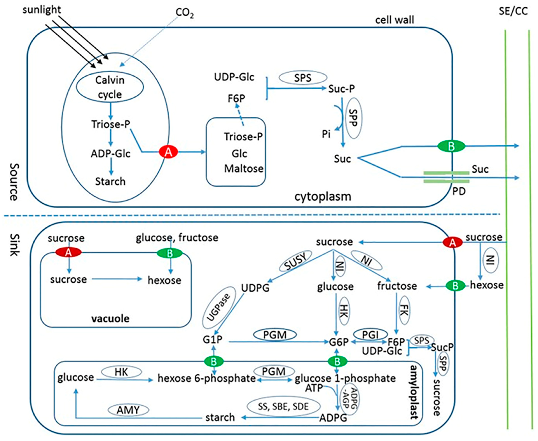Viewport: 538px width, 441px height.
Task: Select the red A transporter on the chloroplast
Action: [x=168, y=152]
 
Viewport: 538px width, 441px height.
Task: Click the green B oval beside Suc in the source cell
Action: [x=451, y=146]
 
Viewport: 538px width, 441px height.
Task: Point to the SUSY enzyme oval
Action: [x=295, y=261]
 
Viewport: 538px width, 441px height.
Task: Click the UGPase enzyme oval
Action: [x=219, y=307]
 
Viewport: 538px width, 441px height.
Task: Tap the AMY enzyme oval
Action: [x=128, y=410]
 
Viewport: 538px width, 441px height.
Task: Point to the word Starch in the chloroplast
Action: [x=110, y=181]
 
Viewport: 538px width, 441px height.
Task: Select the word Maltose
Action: [x=244, y=168]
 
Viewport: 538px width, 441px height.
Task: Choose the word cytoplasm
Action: [x=323, y=196]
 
